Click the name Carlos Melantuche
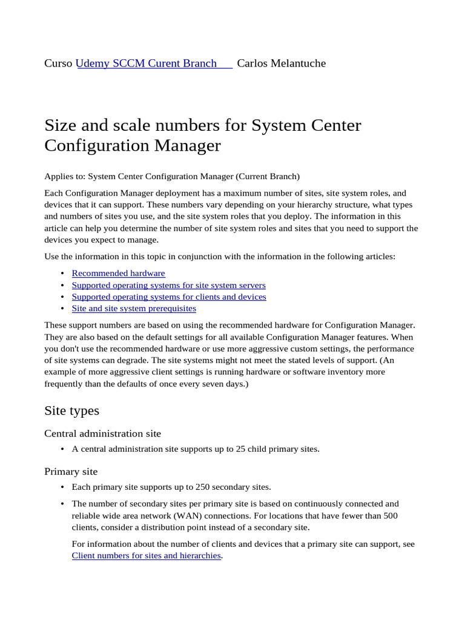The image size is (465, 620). point(281,64)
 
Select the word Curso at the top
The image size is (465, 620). point(59,64)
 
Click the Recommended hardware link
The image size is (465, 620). point(118,274)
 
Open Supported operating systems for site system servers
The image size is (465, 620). point(168,285)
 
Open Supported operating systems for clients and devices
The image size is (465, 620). point(168,297)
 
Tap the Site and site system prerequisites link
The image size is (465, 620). point(134,308)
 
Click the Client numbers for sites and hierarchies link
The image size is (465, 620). point(146,555)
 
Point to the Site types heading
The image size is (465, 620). point(71,411)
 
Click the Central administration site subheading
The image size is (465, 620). point(102,434)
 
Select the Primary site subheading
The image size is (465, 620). point(71,471)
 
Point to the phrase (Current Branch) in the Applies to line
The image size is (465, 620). point(268,177)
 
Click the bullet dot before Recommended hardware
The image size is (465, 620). point(63,274)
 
